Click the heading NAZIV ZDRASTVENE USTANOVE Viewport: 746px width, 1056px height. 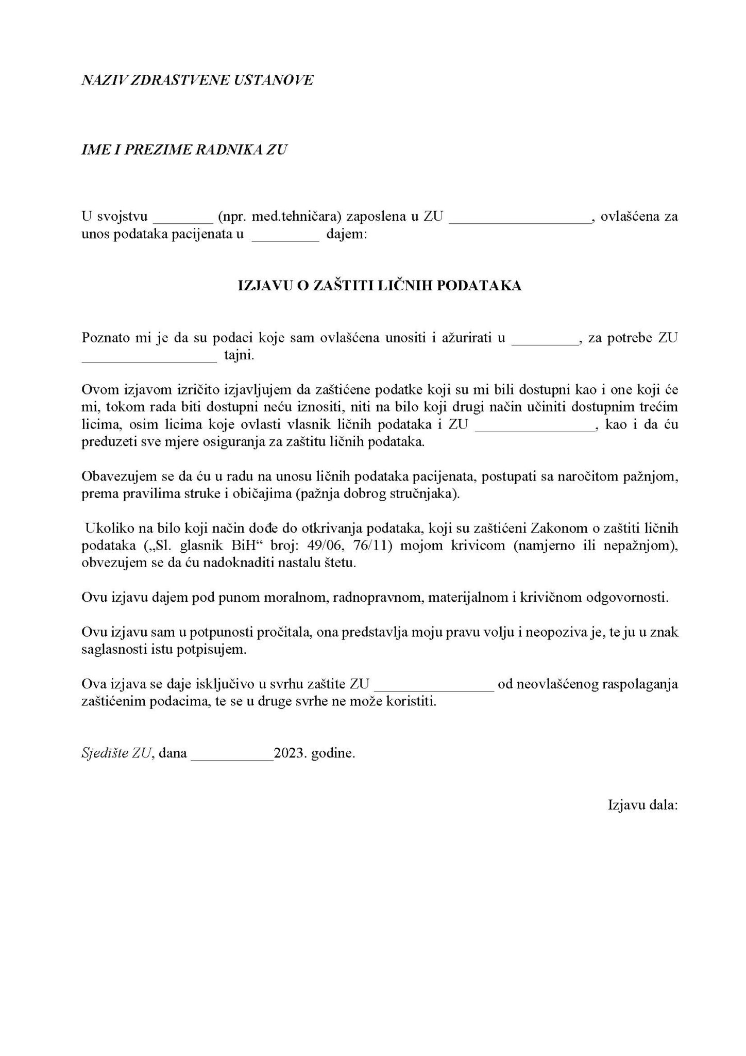[x=197, y=80]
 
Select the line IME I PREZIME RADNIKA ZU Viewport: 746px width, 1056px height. [x=184, y=150]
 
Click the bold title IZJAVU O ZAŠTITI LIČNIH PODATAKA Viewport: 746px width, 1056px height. [x=380, y=285]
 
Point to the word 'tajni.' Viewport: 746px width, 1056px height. [x=239, y=355]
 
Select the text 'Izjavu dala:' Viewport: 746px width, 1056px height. [x=642, y=805]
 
